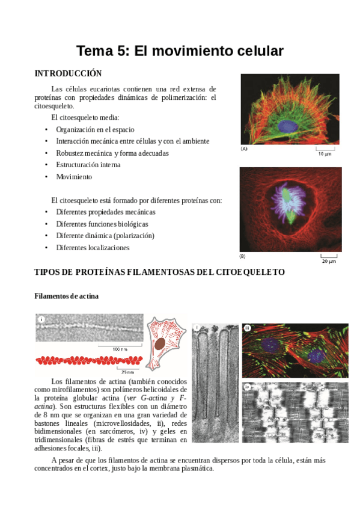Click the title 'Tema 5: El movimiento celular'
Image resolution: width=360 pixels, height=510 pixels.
click(x=180, y=51)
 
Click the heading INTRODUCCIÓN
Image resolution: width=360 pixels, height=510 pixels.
click(x=68, y=73)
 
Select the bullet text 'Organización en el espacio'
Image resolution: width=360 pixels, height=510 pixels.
click(x=95, y=129)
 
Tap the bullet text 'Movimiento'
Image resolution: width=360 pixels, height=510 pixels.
click(x=74, y=177)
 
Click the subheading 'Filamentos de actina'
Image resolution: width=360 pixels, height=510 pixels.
click(x=67, y=296)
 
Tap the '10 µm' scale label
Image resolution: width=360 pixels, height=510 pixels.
click(x=325, y=154)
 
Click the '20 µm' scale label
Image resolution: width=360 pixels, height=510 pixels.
click(x=328, y=262)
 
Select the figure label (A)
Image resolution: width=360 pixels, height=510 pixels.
click(x=245, y=149)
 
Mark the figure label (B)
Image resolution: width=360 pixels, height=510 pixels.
click(x=243, y=256)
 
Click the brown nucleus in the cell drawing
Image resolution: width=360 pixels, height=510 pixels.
click(x=161, y=344)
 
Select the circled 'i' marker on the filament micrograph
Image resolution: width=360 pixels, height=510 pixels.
click(x=41, y=320)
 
